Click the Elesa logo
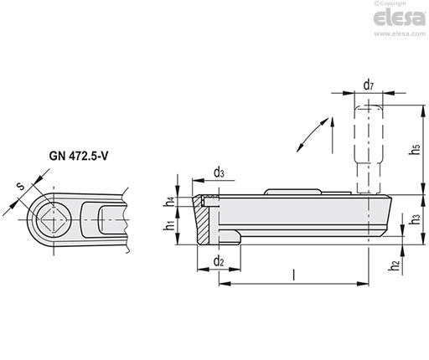400,18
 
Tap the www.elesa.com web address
400,33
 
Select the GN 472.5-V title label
79,156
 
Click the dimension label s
21,187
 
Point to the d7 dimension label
369,85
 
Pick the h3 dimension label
416,219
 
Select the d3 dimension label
219,173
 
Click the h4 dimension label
169,202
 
